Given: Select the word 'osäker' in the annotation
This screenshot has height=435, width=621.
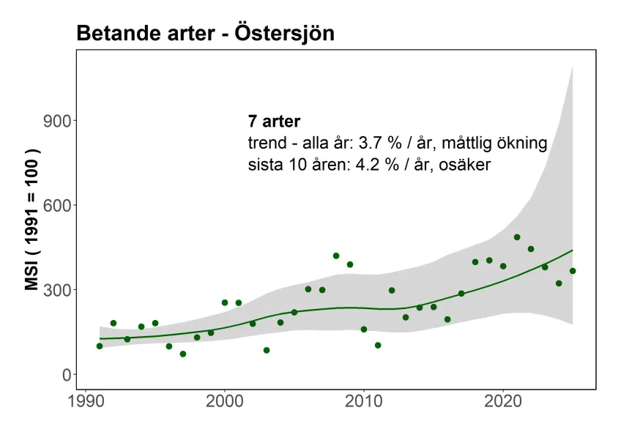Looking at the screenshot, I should coord(463,165).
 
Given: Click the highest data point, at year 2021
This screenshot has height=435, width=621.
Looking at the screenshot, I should coord(517,237).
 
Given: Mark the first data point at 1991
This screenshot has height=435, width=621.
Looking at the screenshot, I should coord(100,346).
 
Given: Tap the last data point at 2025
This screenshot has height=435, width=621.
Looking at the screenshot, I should coord(573,271).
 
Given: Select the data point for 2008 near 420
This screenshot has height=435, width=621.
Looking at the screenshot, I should coord(336,256).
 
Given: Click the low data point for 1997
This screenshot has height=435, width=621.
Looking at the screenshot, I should coord(183,354).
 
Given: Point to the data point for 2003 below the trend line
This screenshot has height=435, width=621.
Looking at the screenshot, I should coord(267,350).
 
